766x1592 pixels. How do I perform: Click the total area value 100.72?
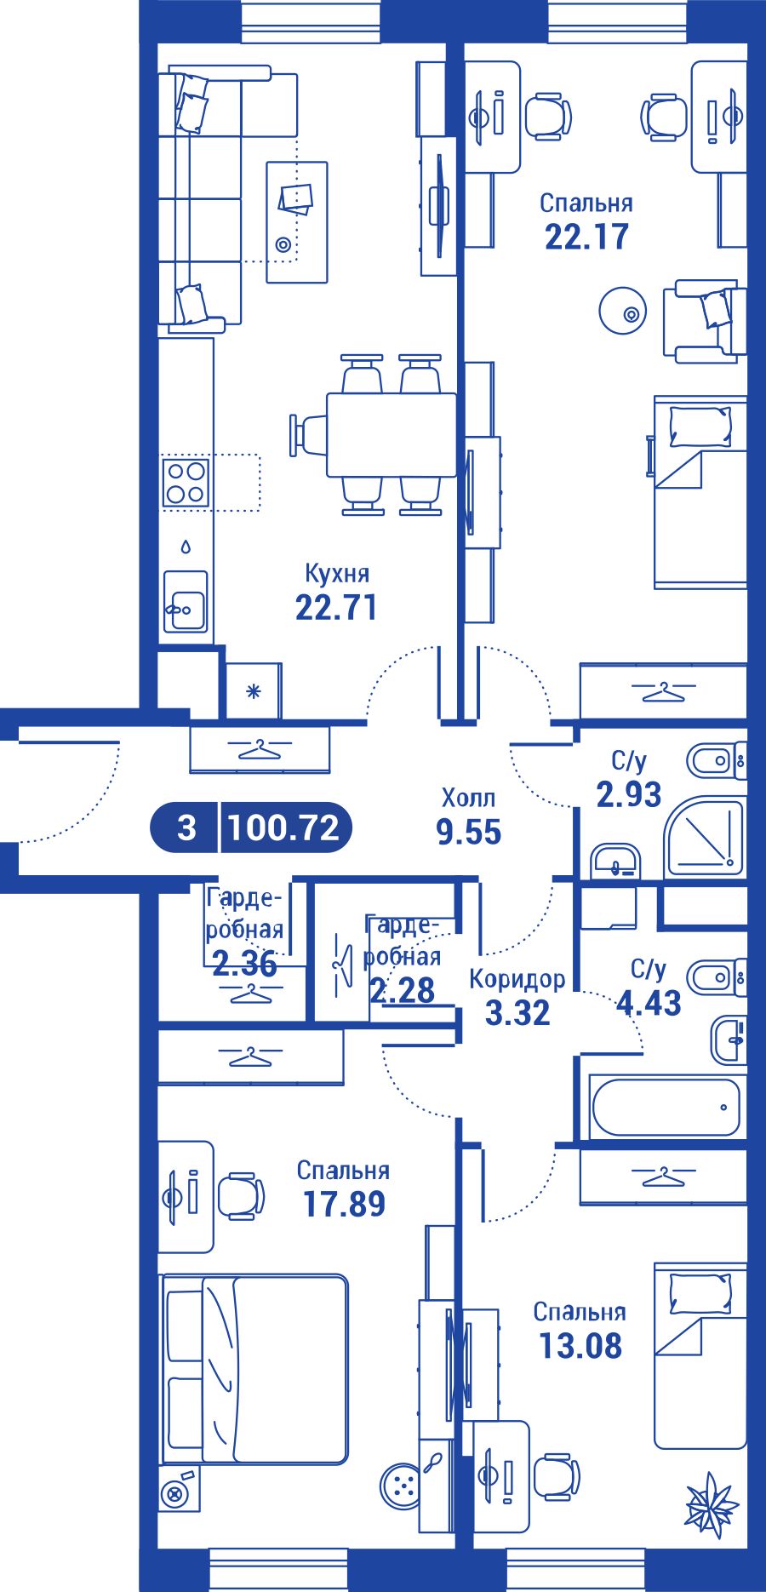point(284,827)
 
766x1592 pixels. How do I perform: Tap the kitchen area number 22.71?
point(336,608)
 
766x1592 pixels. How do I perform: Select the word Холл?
point(468,799)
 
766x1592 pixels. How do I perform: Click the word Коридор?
point(517,979)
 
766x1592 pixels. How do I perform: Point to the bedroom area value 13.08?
point(580,1347)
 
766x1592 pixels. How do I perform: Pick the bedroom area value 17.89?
point(344,1205)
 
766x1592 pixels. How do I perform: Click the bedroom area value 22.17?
point(587,237)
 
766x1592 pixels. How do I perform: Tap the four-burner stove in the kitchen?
point(186,483)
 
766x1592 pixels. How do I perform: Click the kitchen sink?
point(186,601)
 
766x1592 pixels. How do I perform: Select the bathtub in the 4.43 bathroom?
point(666,1108)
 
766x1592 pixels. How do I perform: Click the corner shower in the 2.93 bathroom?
point(706,837)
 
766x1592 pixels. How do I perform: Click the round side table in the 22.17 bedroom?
point(624,311)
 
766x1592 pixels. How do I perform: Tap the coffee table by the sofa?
point(296,222)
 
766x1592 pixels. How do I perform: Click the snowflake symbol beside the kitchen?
point(253,691)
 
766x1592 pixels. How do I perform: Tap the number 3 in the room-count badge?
point(186,827)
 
